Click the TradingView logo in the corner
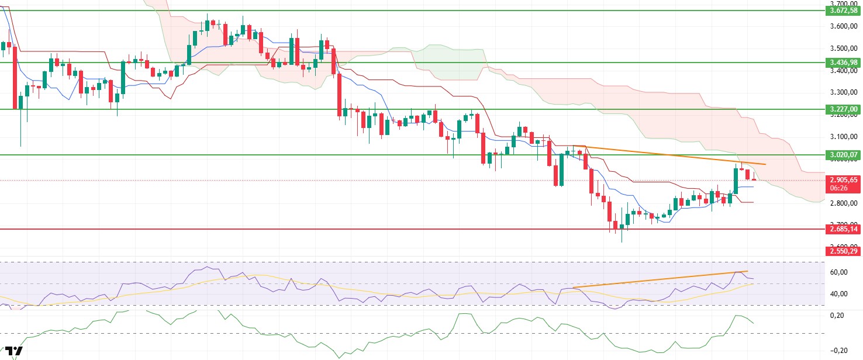16,352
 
